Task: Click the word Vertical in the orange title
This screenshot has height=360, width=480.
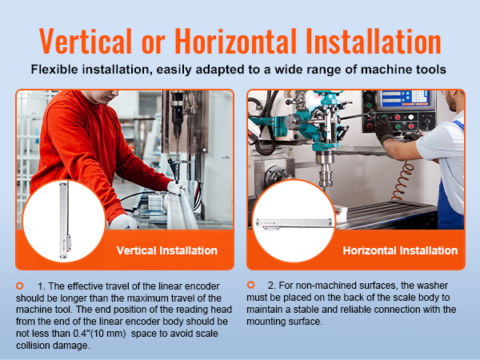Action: (x=86, y=41)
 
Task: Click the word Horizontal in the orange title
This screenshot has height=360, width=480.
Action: (x=235, y=41)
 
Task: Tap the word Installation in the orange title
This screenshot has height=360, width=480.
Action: (x=373, y=41)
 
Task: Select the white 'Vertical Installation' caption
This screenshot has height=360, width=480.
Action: (x=167, y=250)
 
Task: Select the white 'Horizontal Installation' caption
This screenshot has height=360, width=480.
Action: (x=400, y=250)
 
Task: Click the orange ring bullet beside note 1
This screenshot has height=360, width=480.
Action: (x=20, y=286)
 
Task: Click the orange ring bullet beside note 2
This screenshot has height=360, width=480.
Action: (x=250, y=285)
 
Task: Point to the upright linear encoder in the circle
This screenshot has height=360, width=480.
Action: (x=64, y=219)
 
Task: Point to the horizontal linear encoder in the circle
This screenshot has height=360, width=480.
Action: (x=294, y=223)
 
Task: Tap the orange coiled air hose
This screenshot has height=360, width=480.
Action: (x=403, y=182)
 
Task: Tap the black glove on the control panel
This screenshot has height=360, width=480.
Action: (x=384, y=129)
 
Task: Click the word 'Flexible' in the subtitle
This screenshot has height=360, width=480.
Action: (x=54, y=70)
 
